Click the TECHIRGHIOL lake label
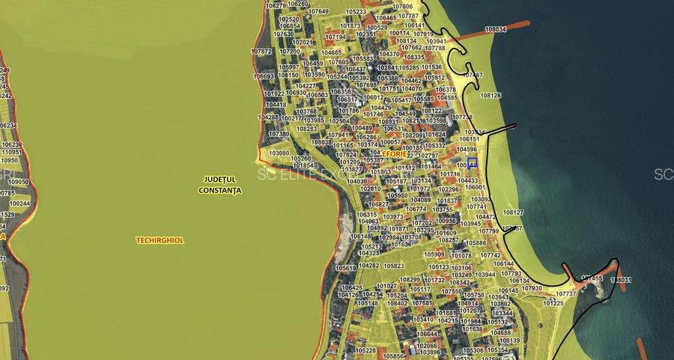click(x=160, y=240)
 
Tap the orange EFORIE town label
click(x=394, y=153)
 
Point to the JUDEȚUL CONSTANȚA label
click(x=220, y=185)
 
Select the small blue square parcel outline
click(x=473, y=163)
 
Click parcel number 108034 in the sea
click(x=495, y=29)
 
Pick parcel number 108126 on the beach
click(x=491, y=96)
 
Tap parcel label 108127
click(x=513, y=212)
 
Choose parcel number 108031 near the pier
click(x=621, y=280)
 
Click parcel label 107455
click(x=592, y=278)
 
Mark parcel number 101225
click(x=553, y=303)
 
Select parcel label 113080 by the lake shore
click(x=279, y=153)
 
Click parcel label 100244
click(x=20, y=204)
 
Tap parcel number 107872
click(x=261, y=52)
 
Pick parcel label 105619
click(x=345, y=268)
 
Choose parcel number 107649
click(x=318, y=11)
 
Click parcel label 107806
click(x=402, y=6)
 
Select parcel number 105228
click(x=365, y=350)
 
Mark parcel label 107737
click(x=566, y=294)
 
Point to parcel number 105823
click(x=394, y=266)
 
